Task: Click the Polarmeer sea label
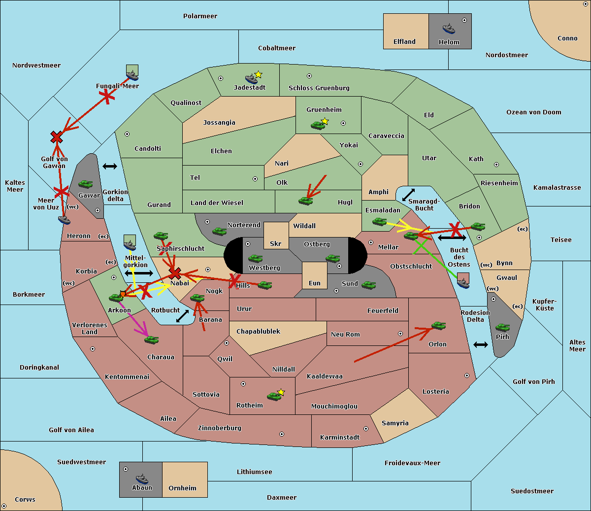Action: (x=200, y=16)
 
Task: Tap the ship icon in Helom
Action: (x=449, y=29)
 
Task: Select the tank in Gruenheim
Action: (x=318, y=125)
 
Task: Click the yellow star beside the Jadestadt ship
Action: (x=258, y=74)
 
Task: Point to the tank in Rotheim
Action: (x=274, y=396)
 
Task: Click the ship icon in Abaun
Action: (x=142, y=478)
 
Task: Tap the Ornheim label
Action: (x=182, y=488)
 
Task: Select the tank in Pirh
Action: (x=502, y=328)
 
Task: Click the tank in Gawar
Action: (x=86, y=184)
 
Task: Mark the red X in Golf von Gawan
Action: (x=57, y=137)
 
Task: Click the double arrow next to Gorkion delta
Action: (x=110, y=167)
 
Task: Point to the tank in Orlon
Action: (x=438, y=326)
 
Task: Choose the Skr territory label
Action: (x=275, y=243)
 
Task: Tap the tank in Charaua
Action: (x=152, y=340)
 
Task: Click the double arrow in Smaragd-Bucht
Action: (x=408, y=195)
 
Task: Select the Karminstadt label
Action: (x=340, y=437)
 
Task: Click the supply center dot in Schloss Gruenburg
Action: (x=309, y=76)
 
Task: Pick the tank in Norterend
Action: (x=220, y=231)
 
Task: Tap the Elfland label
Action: (x=404, y=42)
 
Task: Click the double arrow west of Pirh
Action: (x=481, y=344)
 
